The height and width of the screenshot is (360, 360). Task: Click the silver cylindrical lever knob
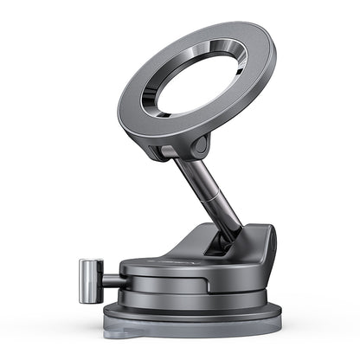tap(89, 282)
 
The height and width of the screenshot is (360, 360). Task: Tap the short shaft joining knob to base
tap(110, 280)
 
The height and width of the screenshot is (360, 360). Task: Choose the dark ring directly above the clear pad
tap(190, 313)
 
